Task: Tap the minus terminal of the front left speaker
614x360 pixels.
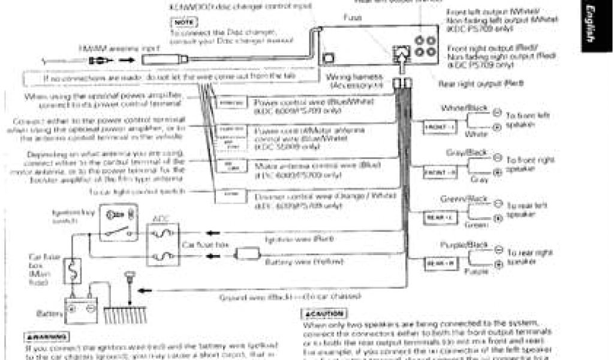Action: click(496, 112)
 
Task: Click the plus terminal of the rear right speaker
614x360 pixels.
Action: click(496, 265)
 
